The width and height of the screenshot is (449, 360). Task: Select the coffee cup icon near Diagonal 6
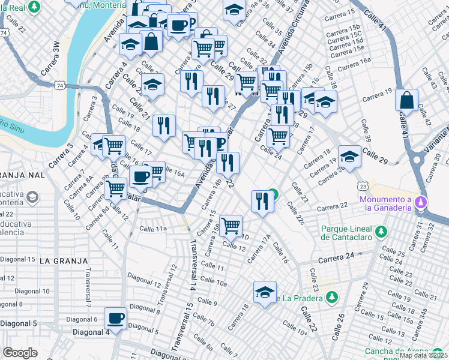click(x=116, y=318)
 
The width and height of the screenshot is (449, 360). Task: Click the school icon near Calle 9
click(x=265, y=293)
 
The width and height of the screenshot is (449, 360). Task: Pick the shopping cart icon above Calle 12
click(x=231, y=226)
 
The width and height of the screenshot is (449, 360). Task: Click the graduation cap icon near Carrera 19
click(x=349, y=157)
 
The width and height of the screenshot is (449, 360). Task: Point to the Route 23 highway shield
click(x=362, y=186)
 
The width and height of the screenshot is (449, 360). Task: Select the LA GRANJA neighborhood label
click(x=64, y=261)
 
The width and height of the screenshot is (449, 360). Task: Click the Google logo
click(x=20, y=353)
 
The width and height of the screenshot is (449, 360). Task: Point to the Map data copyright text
click(x=423, y=355)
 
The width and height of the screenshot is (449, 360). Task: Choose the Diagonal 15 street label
click(x=17, y=259)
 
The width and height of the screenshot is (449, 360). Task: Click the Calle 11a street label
click(x=152, y=229)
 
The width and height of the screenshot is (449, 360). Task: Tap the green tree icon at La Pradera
click(x=331, y=297)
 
